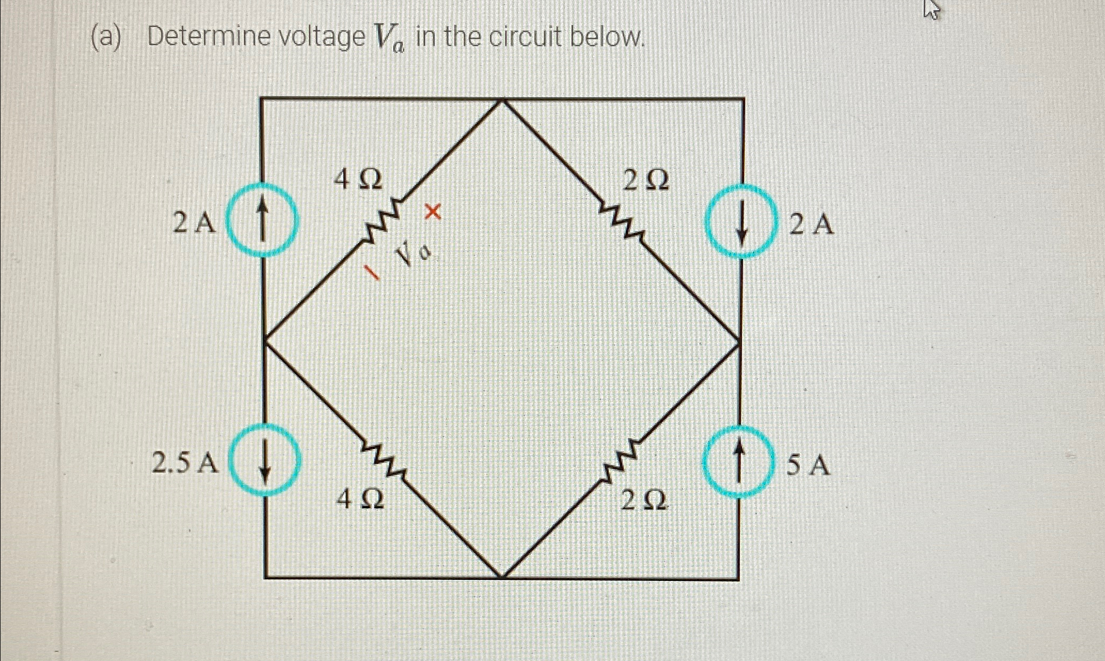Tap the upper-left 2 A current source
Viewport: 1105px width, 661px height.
tap(261, 220)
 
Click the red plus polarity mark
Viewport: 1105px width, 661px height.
tap(433, 212)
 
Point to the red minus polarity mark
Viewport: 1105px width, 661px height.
tap(371, 272)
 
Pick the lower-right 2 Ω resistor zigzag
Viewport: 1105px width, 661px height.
tap(621, 459)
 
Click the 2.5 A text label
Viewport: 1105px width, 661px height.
tap(185, 463)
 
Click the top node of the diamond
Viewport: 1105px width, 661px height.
tap(502, 100)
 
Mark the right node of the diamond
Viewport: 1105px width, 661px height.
tap(740, 341)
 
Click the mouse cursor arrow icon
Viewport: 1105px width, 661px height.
tap(931, 10)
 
